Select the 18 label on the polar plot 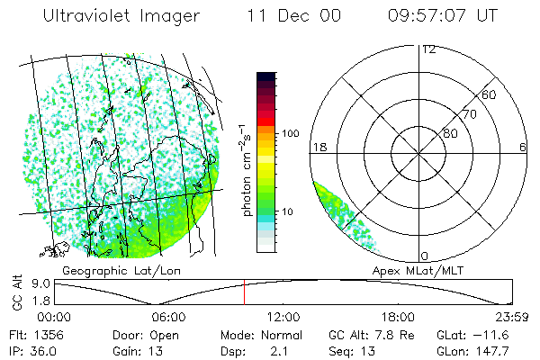tap(319, 146)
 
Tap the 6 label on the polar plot tap(523, 146)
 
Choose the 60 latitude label tap(489, 94)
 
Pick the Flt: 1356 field tap(31, 335)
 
